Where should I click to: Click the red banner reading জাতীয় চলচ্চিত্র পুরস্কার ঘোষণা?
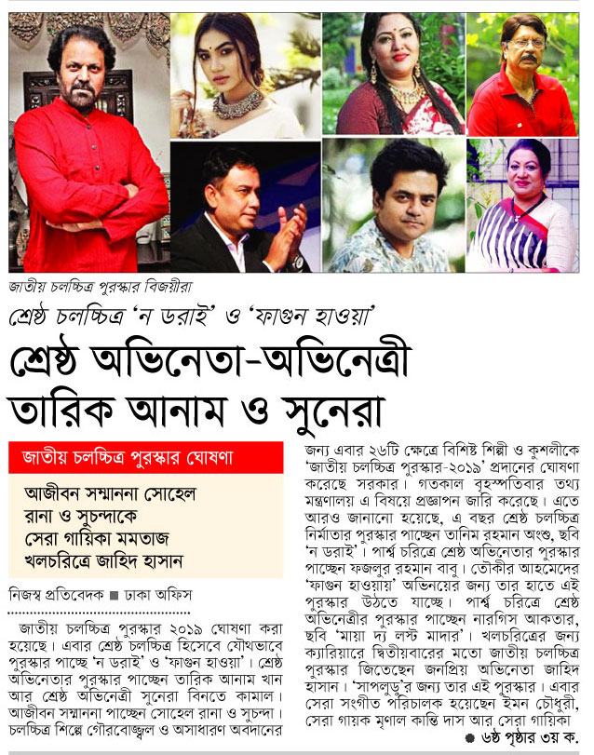coord(145,457)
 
